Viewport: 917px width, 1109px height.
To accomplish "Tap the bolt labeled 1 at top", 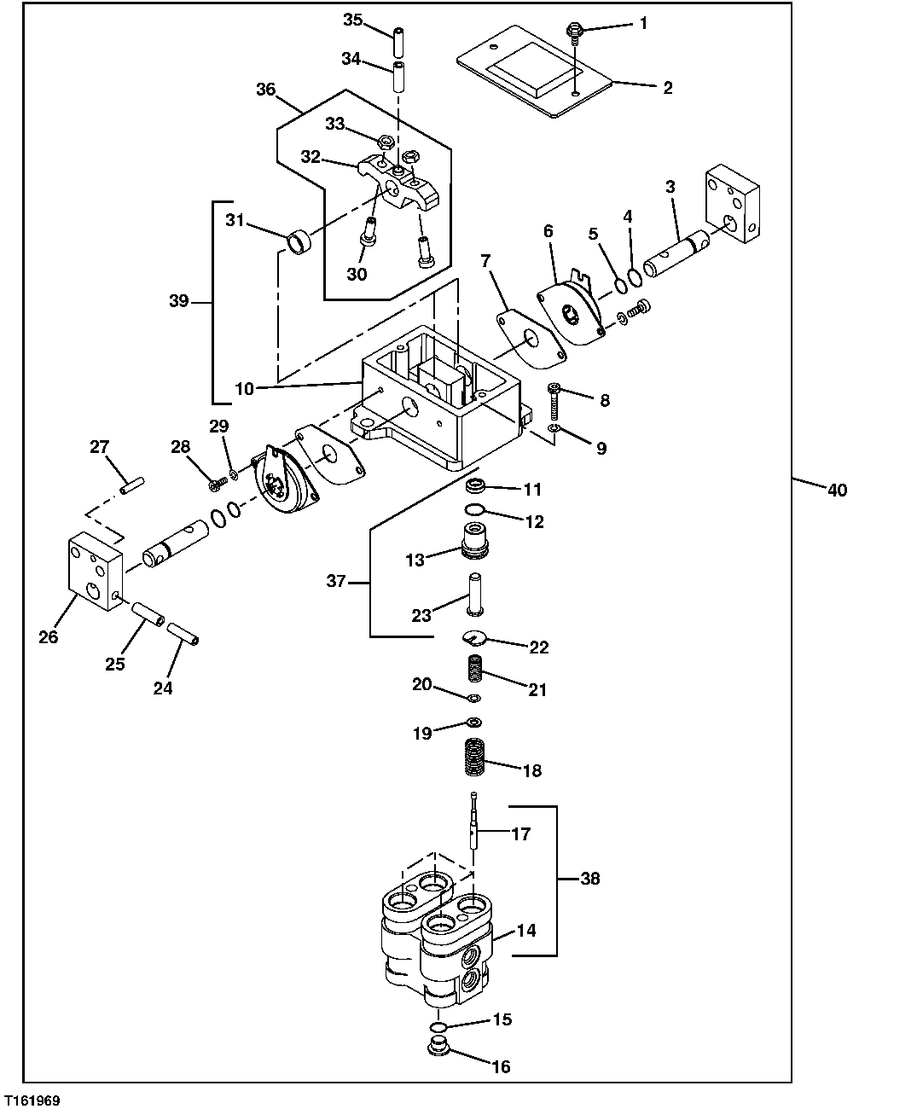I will (575, 31).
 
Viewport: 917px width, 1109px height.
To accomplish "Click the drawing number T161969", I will (32, 1101).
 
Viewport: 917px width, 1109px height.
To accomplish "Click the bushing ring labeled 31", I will (300, 241).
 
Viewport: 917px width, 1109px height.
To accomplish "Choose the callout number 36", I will (266, 90).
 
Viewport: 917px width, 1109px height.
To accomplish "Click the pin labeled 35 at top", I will (398, 39).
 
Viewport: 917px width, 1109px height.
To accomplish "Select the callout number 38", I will (589, 879).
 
